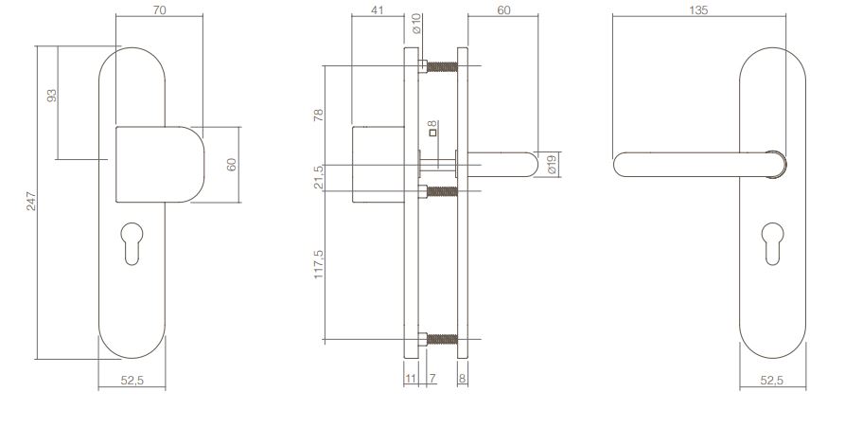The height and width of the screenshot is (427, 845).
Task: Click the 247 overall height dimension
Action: coord(30,202)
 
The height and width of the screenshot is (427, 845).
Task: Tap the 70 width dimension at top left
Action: coord(158,9)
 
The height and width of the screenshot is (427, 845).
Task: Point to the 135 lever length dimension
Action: coord(710,9)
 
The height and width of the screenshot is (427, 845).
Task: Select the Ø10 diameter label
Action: coord(415,21)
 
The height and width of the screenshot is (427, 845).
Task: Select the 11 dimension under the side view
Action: coord(411,379)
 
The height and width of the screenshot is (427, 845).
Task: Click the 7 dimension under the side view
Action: coord(431,379)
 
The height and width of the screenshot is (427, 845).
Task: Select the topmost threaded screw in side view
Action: coord(441,66)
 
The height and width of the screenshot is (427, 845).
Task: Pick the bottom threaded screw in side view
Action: coord(441,339)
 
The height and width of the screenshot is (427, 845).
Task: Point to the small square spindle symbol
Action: coord(431,133)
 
